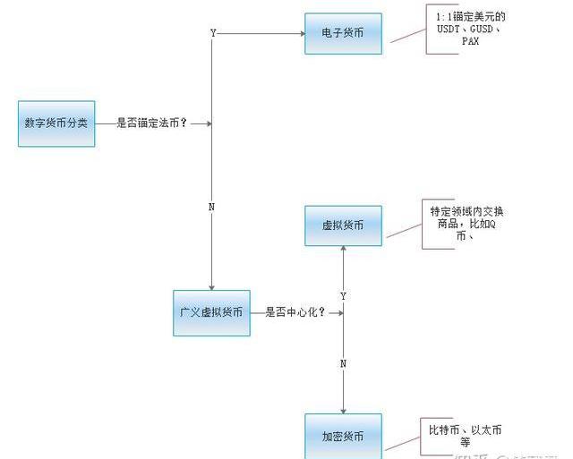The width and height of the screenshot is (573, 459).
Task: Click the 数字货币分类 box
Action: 56,123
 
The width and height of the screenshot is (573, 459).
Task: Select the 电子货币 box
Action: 343,33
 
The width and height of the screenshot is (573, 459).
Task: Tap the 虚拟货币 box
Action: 343,226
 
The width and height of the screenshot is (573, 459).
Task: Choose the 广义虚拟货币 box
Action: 211,313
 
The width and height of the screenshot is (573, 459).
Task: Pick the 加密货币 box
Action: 343,436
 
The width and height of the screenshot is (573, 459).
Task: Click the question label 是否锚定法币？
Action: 152,123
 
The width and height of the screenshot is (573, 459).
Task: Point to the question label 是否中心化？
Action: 295,313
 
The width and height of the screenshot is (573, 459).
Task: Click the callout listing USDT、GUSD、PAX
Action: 471,29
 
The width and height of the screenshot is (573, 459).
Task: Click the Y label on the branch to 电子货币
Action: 213,33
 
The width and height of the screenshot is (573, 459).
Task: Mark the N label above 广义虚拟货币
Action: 211,208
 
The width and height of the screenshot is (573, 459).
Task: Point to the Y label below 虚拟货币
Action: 344,295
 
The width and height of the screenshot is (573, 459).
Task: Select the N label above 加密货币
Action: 344,363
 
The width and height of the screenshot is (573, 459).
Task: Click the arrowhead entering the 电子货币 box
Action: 300,34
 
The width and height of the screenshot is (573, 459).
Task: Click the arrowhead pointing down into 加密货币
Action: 344,409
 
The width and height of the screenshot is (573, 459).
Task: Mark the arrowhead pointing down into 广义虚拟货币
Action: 211,286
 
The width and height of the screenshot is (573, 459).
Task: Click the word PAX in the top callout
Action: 471,41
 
